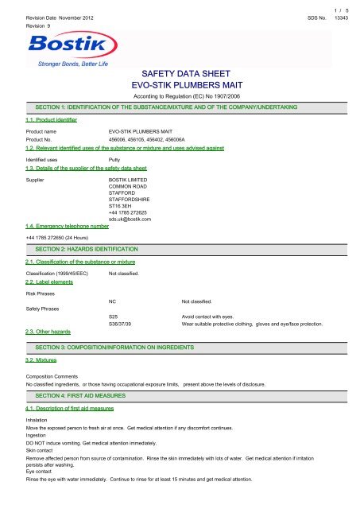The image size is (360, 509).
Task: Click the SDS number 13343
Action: pos(343,16)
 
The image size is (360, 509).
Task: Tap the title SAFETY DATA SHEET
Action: pos(179,73)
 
